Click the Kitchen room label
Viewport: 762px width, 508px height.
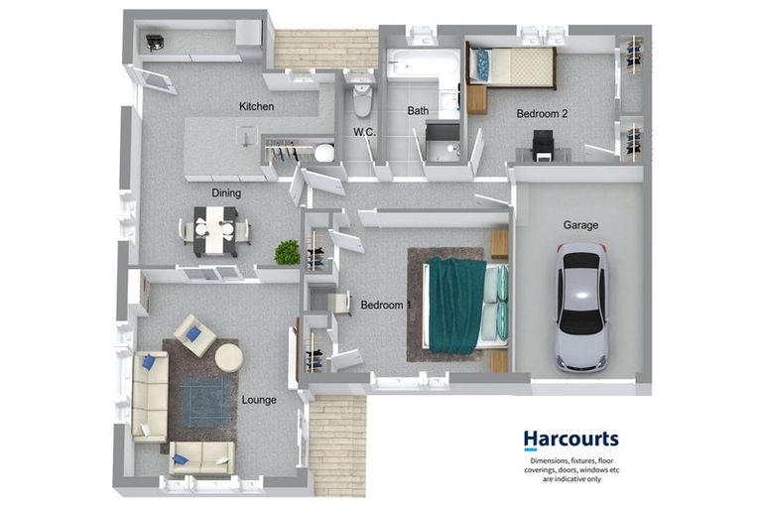(x=256, y=106)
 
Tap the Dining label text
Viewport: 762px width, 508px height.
(x=226, y=192)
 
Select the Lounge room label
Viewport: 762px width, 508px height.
(x=259, y=400)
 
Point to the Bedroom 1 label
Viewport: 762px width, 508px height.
(x=385, y=305)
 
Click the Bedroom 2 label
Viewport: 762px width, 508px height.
(x=542, y=114)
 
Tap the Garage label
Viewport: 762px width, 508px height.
(x=580, y=225)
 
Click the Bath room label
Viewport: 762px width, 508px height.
(x=417, y=112)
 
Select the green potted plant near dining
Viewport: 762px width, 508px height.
(x=287, y=252)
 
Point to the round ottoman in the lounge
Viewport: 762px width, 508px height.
(x=228, y=357)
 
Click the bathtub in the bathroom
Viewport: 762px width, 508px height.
(x=423, y=65)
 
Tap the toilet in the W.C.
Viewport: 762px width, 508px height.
(x=361, y=97)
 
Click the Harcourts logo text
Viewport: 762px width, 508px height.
(x=571, y=438)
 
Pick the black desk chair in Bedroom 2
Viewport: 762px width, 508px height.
(x=542, y=146)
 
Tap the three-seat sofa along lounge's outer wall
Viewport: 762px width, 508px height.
(x=150, y=394)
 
